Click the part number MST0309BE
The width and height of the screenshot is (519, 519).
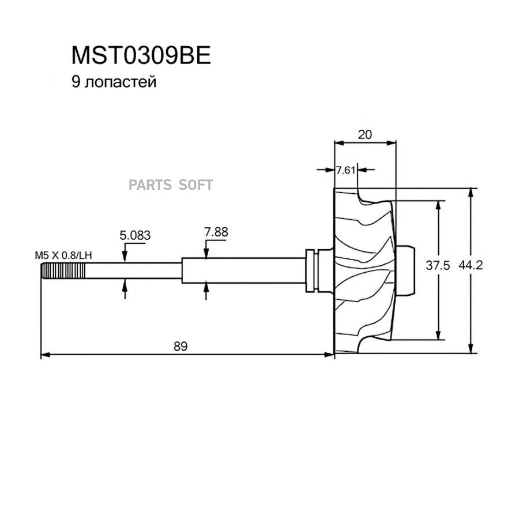tap(141, 55)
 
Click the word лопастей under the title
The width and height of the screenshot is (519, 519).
tap(121, 82)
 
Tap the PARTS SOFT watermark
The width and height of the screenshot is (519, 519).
tap(171, 185)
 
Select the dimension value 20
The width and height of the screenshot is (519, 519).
tap(365, 134)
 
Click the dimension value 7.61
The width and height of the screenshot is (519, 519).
tap(345, 170)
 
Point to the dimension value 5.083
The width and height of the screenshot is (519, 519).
tap(135, 235)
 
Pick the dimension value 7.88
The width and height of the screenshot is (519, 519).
tap(216, 232)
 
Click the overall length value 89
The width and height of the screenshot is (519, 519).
tap(180, 346)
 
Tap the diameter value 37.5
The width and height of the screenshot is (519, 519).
tap(438, 265)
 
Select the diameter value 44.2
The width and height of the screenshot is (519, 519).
tap(471, 265)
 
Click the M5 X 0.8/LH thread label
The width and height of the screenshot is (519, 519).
tap(63, 255)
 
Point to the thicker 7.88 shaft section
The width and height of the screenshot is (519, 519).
tap(243, 270)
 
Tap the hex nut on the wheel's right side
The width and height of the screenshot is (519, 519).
tap(405, 270)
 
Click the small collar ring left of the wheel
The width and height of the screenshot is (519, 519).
tap(310, 270)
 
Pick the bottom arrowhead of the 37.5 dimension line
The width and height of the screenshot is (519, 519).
tap(438, 335)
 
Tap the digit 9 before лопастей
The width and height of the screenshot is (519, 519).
tap(76, 81)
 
